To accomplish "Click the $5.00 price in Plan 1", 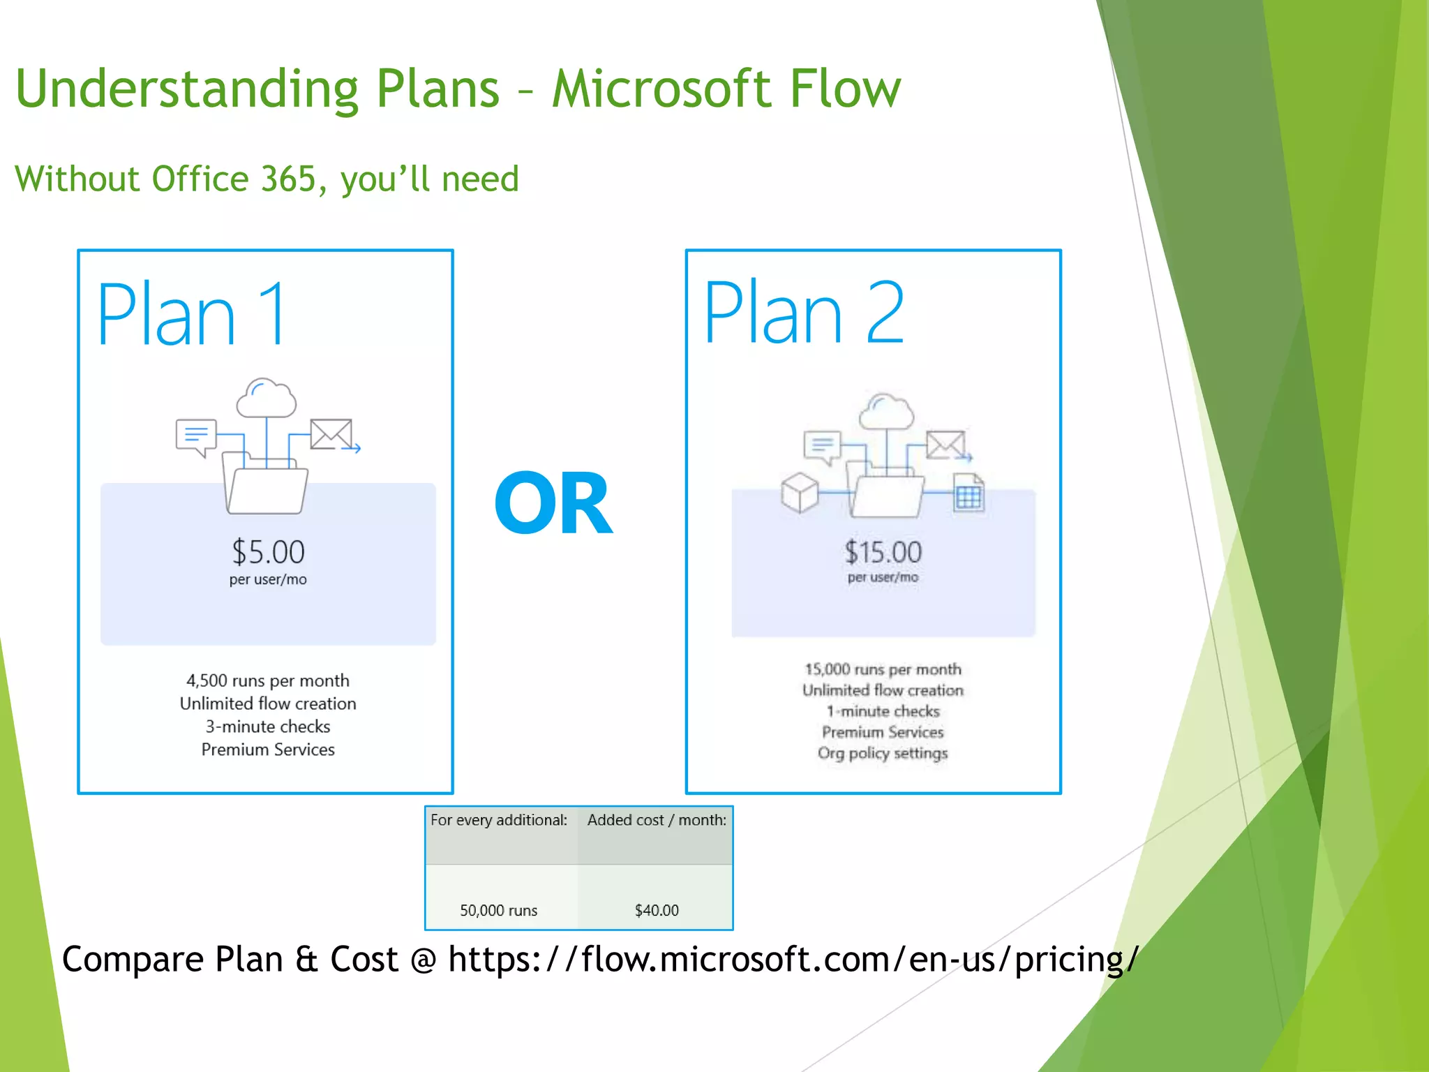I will point(268,552).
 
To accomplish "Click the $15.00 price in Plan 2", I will point(883,552).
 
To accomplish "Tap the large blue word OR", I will point(553,502).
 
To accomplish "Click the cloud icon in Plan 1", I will point(266,399).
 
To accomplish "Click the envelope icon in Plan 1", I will point(331,434).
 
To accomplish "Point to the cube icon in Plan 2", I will point(799,492).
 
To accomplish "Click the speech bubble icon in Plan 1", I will point(196,437).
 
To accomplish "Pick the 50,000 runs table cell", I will point(498,910).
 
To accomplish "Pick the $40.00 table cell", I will point(656,910).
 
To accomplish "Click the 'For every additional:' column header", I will point(498,820).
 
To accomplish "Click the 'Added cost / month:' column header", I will point(656,820).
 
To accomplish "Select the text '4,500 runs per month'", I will point(268,680).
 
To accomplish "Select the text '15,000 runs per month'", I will point(883,669).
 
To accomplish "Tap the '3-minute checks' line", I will point(268,727).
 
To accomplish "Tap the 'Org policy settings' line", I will point(883,753).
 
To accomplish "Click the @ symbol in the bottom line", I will point(423,960).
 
